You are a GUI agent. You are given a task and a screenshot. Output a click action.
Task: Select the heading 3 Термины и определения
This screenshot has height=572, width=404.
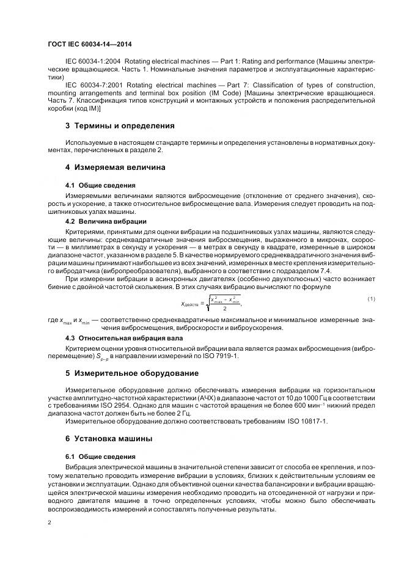[120, 126]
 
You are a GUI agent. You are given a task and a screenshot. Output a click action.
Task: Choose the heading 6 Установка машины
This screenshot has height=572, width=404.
[113, 439]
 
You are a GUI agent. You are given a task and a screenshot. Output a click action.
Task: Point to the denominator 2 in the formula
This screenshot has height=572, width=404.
[225, 309]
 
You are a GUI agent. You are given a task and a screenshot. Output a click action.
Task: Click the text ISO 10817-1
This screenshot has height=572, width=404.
[307, 421]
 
